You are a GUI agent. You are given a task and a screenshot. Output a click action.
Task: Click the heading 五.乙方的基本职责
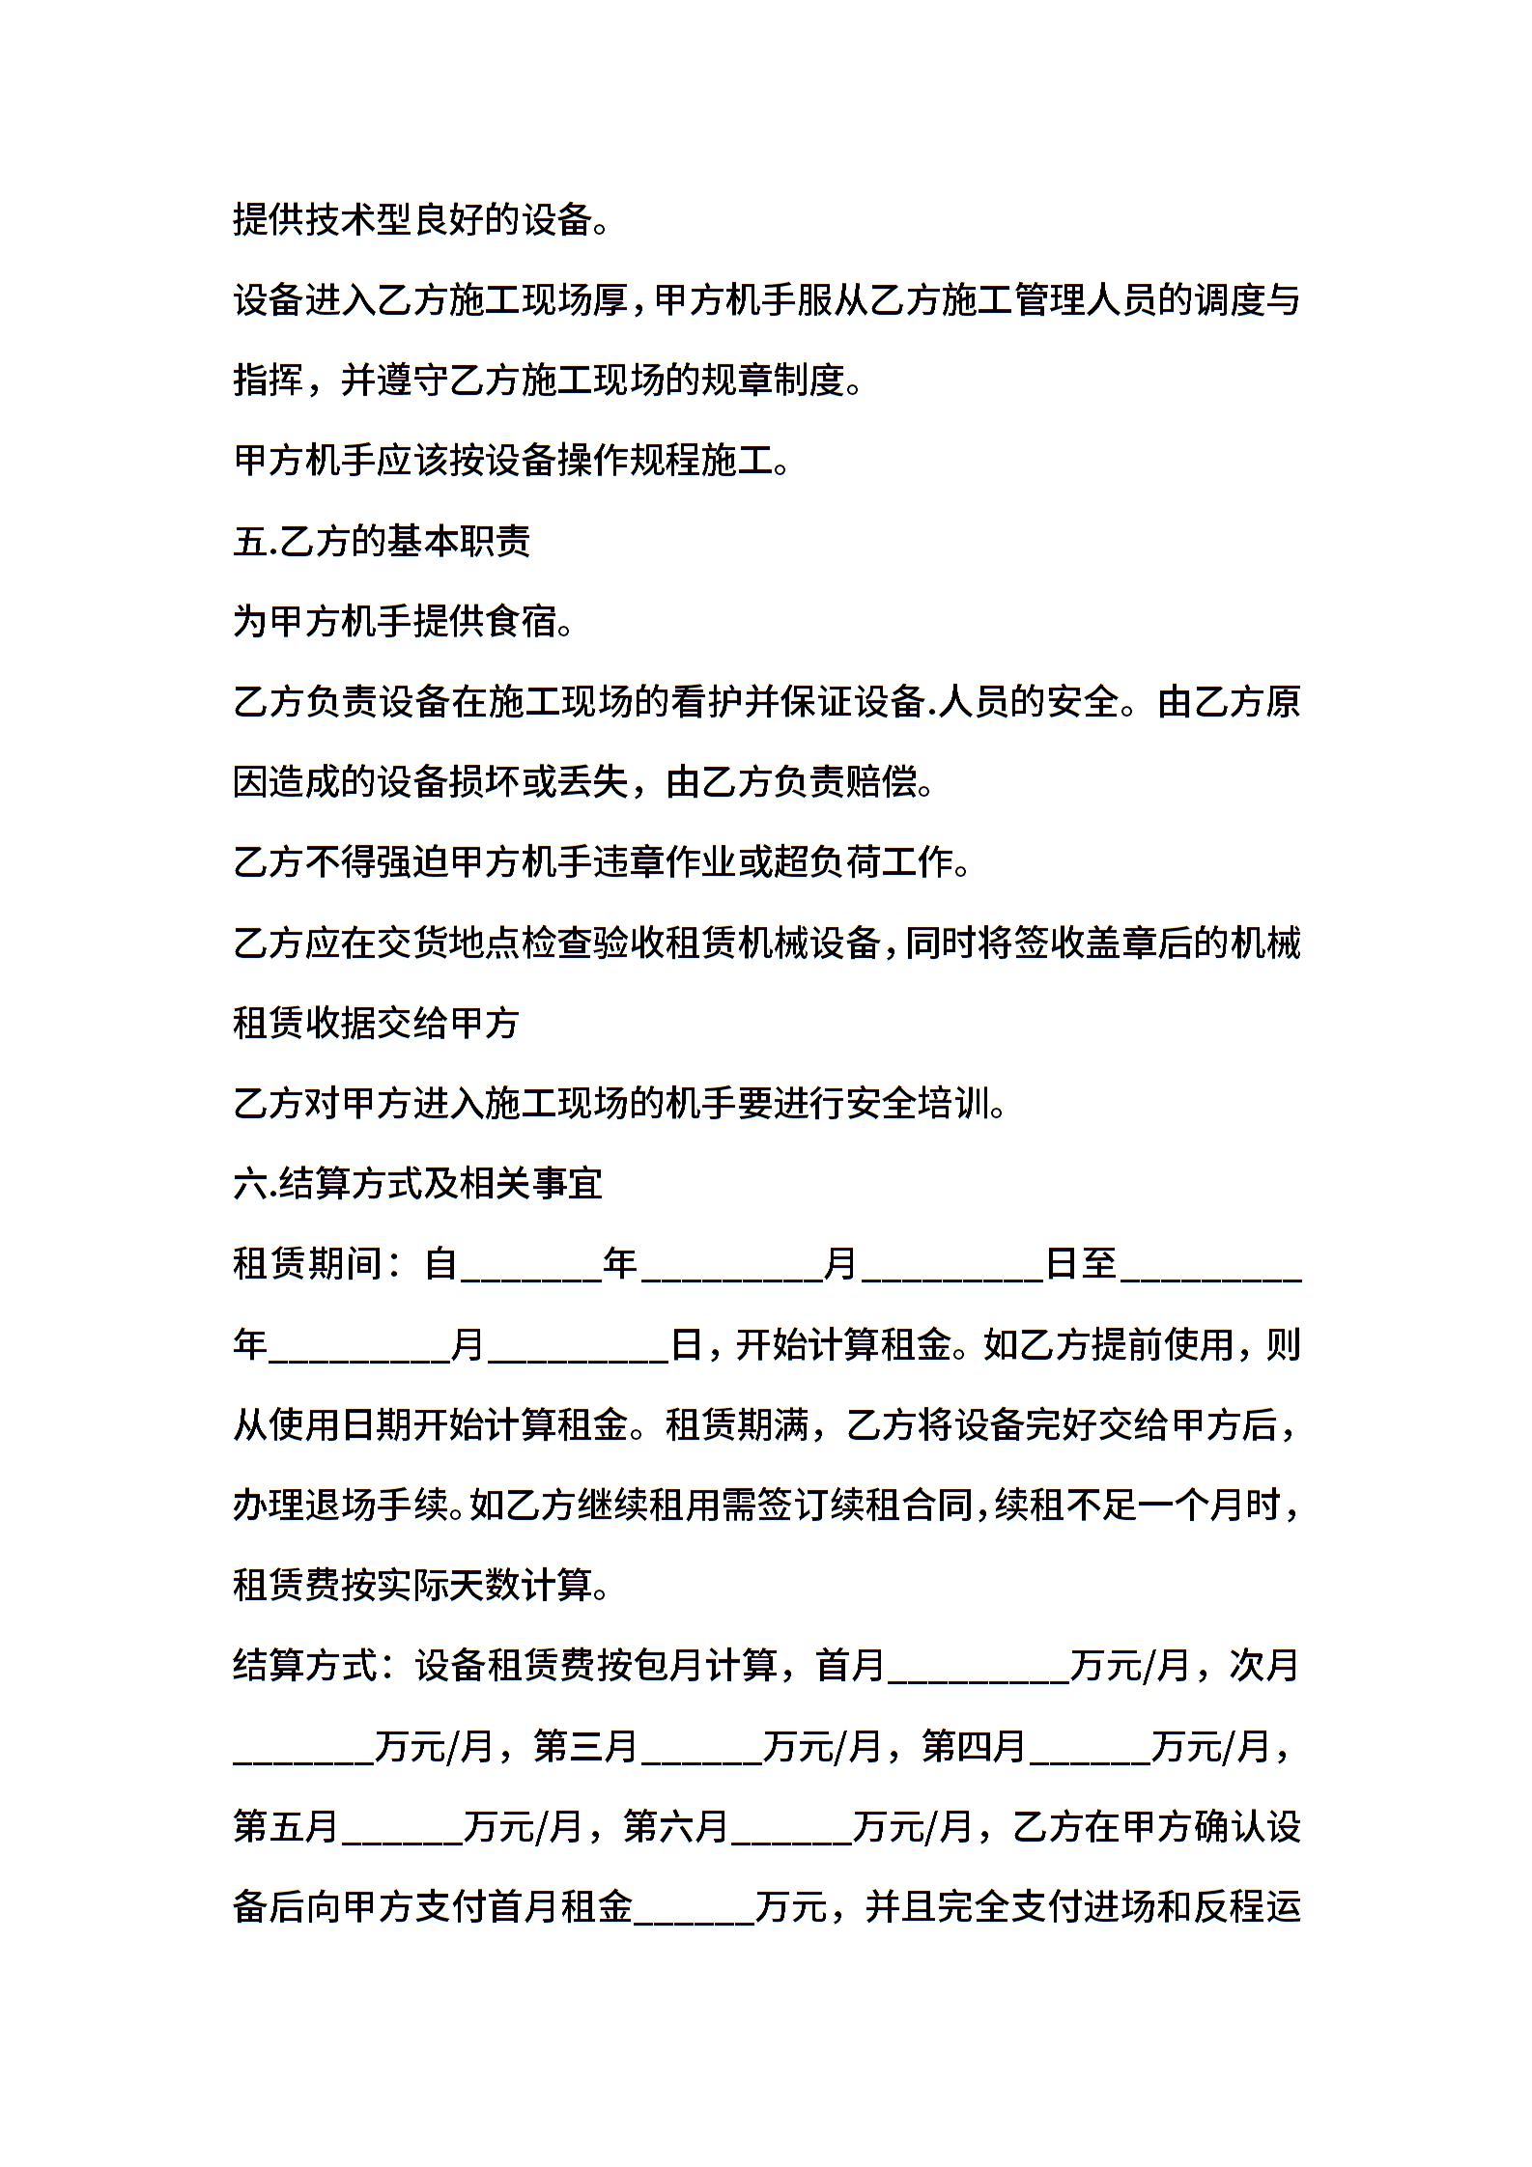(382, 543)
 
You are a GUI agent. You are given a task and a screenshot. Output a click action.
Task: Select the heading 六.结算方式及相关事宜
(417, 1184)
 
